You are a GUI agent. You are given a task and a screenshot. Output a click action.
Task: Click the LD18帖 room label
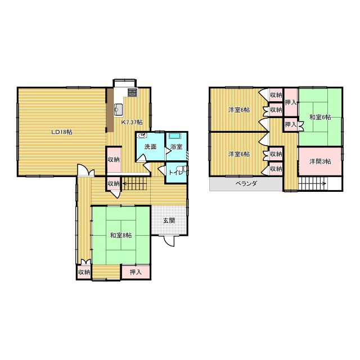pyautogui.click(x=62, y=132)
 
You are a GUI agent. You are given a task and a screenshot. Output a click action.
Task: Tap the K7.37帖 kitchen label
pyautogui.click(x=132, y=123)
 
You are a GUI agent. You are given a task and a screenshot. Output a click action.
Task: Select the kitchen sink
pyautogui.click(x=119, y=109)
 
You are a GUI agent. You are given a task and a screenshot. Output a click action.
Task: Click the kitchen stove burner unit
pyautogui.click(x=132, y=92)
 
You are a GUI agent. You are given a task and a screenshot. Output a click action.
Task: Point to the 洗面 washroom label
pyautogui.click(x=150, y=147)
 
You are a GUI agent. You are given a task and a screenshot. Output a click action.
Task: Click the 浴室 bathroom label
pyautogui.click(x=177, y=147)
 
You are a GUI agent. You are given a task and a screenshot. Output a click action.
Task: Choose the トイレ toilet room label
pyautogui.click(x=175, y=172)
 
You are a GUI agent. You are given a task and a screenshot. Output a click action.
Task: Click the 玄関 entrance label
pyautogui.click(x=169, y=220)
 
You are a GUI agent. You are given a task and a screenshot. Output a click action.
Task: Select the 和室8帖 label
pyautogui.click(x=121, y=235)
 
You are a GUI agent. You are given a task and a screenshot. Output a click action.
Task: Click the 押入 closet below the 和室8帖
pyautogui.click(x=136, y=272)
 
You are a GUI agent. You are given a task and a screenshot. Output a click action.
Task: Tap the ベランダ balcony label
pyautogui.click(x=246, y=183)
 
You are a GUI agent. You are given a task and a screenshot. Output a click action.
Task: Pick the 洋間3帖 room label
pyautogui.click(x=320, y=161)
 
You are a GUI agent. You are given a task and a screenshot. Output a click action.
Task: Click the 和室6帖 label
pyautogui.click(x=320, y=118)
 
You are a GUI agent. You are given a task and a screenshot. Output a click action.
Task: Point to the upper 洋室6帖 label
pyautogui.click(x=239, y=110)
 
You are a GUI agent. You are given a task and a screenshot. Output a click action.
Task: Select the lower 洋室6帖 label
pyautogui.click(x=239, y=154)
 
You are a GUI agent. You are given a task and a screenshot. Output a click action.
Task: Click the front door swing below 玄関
pyautogui.click(x=169, y=241)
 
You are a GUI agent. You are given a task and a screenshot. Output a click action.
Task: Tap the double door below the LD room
pyautogui.click(x=85, y=170)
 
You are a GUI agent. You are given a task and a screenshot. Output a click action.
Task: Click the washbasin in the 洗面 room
pyautogui.click(x=142, y=136)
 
